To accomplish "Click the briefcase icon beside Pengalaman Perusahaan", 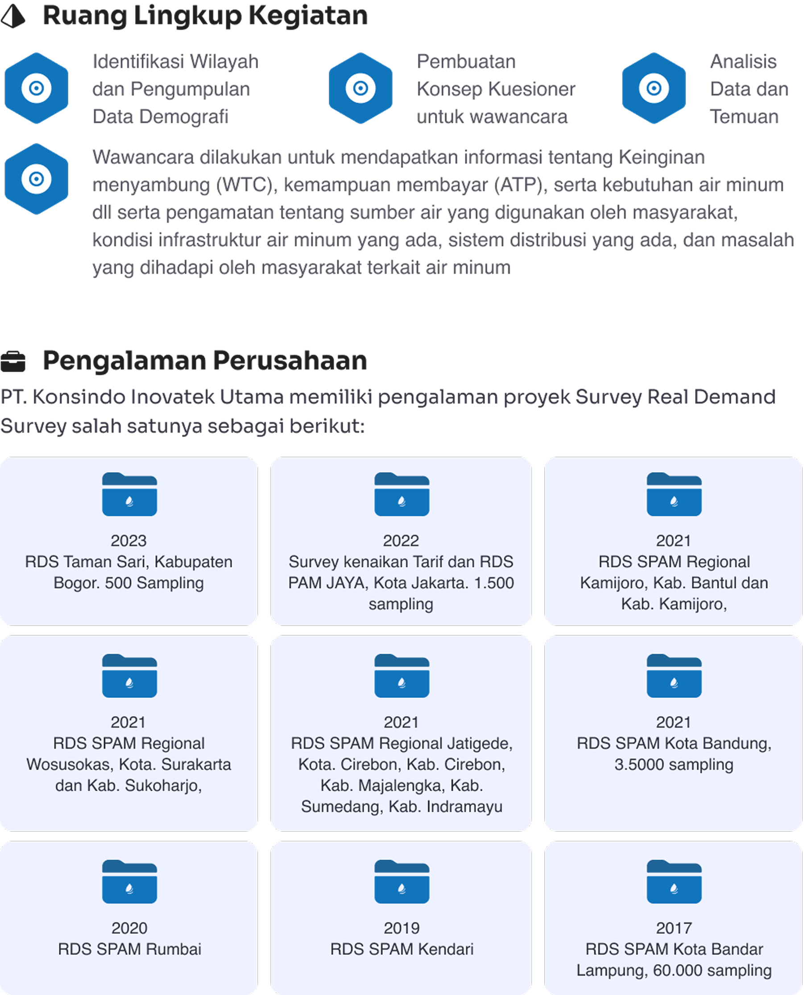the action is point(13,362).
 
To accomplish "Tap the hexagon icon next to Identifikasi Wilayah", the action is point(37,88).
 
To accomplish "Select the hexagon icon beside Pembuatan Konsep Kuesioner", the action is point(361,88).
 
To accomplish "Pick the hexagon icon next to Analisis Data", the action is point(654,88).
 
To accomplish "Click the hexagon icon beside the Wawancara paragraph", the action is point(37,179).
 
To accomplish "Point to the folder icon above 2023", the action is point(130,494).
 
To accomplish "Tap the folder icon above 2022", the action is point(402,494).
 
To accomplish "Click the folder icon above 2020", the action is point(130,882).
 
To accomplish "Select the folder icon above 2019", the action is point(402,882).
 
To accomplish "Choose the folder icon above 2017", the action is point(674,882).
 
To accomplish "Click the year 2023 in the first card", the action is point(129,541).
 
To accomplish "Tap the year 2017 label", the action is point(674,929).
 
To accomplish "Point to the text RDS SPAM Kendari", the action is point(402,949).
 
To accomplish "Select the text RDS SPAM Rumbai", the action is point(130,949).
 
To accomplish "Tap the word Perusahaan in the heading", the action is point(290,361).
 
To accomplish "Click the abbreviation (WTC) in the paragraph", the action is point(247,185).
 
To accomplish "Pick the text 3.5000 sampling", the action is point(674,765).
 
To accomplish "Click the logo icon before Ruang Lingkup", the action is point(13,16).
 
